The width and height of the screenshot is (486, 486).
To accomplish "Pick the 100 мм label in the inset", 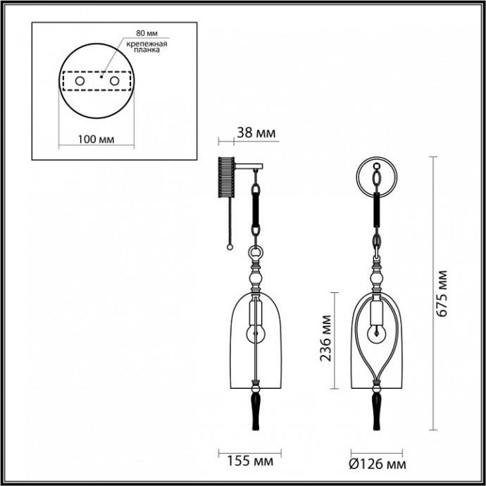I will pyautogui.click(x=95, y=139).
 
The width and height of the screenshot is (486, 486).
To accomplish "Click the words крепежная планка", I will pyautogui.click(x=147, y=46).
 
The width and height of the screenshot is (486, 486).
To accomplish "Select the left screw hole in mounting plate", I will pyautogui.click(x=79, y=82).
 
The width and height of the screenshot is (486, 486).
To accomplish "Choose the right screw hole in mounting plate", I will pyautogui.click(x=114, y=82).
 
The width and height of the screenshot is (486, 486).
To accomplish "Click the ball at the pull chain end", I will pyautogui.click(x=229, y=247).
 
